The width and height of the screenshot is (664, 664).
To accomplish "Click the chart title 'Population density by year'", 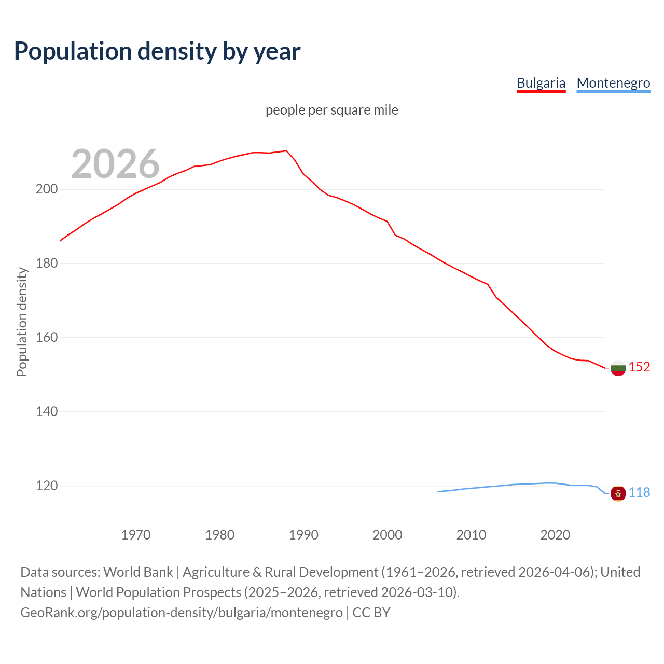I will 157,51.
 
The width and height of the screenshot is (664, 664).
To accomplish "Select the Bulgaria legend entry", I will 541,83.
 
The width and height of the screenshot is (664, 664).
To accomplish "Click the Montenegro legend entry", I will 613,83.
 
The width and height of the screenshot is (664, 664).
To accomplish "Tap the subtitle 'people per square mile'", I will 331,110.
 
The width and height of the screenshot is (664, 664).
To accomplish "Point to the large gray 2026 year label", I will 115,164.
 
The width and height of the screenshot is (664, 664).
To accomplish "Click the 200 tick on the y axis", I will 46,189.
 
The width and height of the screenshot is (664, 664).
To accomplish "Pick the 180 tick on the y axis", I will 46,264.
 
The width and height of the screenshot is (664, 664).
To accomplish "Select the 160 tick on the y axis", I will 46,338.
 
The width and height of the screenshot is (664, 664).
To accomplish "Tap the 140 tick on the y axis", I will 46,412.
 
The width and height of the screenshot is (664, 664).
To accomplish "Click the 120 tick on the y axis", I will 46,486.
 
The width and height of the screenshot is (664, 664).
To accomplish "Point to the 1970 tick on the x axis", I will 136,535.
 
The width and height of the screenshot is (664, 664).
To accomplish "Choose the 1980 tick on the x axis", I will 220,535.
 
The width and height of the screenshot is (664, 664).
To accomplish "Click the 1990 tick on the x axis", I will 303,535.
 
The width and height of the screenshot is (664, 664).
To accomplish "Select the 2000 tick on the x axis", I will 388,535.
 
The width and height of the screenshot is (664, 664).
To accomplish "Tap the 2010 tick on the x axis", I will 471,535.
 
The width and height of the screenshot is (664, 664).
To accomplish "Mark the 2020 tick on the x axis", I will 555,535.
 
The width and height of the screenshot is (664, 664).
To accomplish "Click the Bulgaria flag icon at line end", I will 618,368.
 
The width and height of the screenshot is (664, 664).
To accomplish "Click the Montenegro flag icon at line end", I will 618,493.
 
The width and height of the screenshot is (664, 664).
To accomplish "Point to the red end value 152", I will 639,367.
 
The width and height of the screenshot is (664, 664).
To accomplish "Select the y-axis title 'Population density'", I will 22,322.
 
